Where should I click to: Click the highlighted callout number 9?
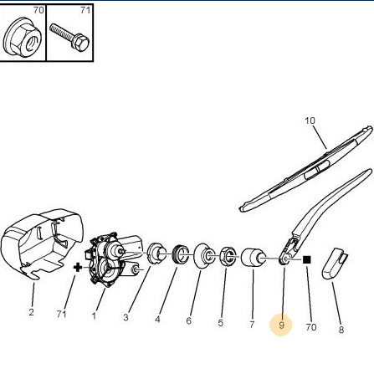point(281,325)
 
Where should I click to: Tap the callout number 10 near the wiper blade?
point(310,120)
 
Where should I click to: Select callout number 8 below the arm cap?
point(341,330)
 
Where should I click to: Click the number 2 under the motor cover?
point(31,312)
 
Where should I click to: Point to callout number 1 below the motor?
point(94,315)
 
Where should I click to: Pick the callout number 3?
point(126,317)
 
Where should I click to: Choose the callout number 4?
point(157,319)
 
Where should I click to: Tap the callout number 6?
point(189,320)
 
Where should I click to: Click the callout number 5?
point(221,323)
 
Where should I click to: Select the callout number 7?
point(252,325)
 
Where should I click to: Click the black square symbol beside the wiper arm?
point(307,260)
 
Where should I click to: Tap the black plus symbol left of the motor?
point(78,268)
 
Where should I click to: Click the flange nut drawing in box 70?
point(23,37)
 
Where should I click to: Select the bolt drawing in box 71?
point(69,37)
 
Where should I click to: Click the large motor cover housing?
point(42,243)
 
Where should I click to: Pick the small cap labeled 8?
point(335,263)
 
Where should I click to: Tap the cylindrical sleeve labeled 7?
point(253,259)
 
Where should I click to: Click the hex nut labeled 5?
point(228,256)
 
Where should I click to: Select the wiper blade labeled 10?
point(306,169)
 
